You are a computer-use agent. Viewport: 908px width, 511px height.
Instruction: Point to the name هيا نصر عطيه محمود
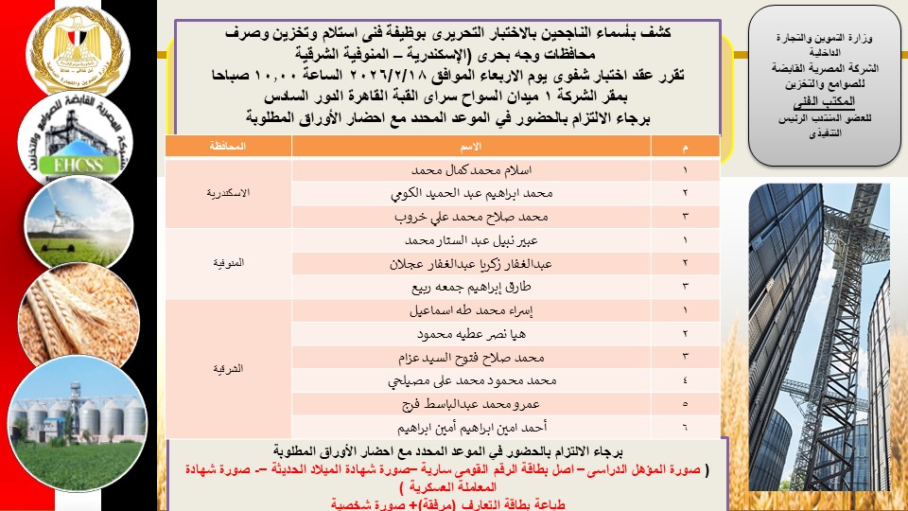(474, 333)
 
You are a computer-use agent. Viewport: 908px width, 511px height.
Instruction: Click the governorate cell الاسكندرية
(228, 193)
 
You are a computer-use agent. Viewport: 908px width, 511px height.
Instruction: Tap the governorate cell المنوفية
(228, 263)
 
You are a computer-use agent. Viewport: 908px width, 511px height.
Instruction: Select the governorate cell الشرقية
(228, 368)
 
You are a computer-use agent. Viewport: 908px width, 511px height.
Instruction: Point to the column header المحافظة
(228, 147)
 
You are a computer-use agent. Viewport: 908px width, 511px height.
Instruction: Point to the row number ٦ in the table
(684, 427)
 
